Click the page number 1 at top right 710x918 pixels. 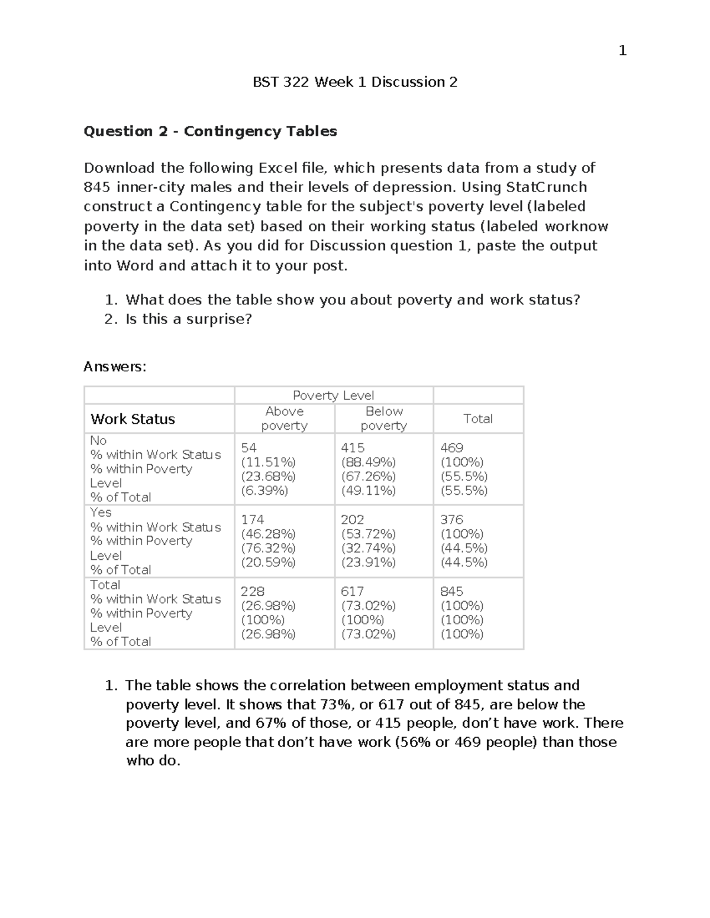(622, 51)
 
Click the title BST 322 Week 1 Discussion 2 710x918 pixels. (355, 82)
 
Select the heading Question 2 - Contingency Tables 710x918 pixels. (210, 131)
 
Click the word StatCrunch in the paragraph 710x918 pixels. (547, 187)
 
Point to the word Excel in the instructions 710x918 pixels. (277, 168)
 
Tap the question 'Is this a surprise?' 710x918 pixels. (188, 319)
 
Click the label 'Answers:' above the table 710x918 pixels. (115, 366)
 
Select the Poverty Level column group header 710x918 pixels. (333, 395)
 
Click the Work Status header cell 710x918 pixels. (133, 419)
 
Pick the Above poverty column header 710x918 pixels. (284, 419)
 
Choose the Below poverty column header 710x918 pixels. (383, 419)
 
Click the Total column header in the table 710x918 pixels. (477, 419)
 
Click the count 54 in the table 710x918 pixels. (248, 448)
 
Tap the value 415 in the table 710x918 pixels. (353, 448)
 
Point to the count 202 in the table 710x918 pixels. (352, 520)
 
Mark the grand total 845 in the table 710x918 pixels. (451, 592)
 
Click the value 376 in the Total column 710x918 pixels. (451, 520)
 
